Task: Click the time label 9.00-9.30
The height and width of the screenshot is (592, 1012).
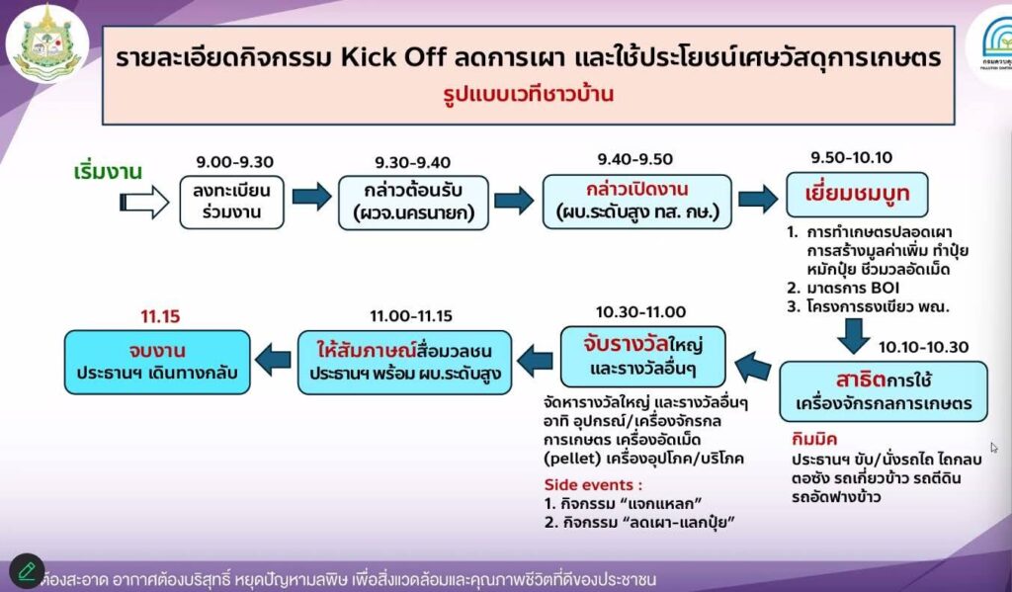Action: pyautogui.click(x=235, y=161)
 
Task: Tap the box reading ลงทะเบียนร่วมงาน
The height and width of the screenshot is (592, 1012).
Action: pyautogui.click(x=231, y=202)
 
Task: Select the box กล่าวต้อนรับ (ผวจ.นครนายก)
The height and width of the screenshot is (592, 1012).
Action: pyautogui.click(x=414, y=203)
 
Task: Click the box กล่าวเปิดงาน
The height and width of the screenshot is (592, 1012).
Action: pyautogui.click(x=637, y=202)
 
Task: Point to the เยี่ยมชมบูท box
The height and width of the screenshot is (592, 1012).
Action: pyautogui.click(x=857, y=195)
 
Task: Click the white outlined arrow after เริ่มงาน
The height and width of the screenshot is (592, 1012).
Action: pyautogui.click(x=144, y=202)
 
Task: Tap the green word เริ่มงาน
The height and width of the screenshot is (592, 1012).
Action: pyautogui.click(x=108, y=172)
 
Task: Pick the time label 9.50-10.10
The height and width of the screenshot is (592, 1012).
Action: pyautogui.click(x=851, y=157)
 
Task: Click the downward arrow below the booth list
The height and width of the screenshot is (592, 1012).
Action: pyautogui.click(x=853, y=336)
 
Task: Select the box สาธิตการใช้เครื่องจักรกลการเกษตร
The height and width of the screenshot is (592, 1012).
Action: pyautogui.click(x=884, y=391)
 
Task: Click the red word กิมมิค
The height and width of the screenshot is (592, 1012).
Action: pyautogui.click(x=814, y=439)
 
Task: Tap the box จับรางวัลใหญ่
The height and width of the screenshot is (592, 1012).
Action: pyautogui.click(x=642, y=357)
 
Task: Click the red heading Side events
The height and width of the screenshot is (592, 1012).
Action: pyautogui.click(x=593, y=485)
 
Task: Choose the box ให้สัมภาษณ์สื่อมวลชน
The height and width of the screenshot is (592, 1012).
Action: pyautogui.click(x=404, y=362)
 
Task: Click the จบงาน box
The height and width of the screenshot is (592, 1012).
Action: pyautogui.click(x=157, y=362)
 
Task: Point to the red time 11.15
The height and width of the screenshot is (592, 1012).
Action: pyautogui.click(x=160, y=316)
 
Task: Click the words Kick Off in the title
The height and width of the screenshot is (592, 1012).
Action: pyautogui.click(x=393, y=57)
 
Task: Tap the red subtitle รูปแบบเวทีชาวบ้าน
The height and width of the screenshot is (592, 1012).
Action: pyautogui.click(x=528, y=94)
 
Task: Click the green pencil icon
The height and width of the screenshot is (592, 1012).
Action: pyautogui.click(x=27, y=570)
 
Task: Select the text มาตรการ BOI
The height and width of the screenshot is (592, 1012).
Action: pyautogui.click(x=853, y=288)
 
